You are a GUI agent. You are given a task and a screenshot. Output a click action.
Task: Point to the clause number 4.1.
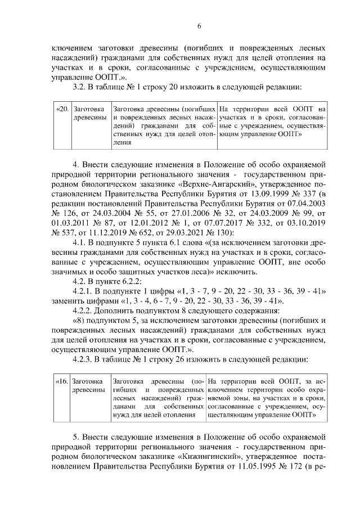click(x=75, y=243)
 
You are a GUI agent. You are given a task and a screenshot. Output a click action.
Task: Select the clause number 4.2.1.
click(x=79, y=291)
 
